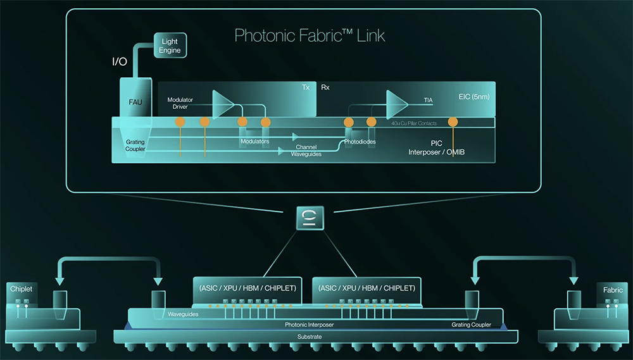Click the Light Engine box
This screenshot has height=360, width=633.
pyautogui.click(x=170, y=46)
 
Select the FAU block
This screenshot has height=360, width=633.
pyautogui.click(x=135, y=101)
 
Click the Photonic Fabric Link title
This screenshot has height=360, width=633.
pyautogui.click(x=310, y=35)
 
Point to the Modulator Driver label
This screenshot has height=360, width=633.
pyautogui.click(x=180, y=103)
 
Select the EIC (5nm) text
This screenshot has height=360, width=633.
pyautogui.click(x=473, y=97)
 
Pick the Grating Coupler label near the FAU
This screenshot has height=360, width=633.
pyautogui.click(x=135, y=146)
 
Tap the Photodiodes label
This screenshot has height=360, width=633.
pyautogui.click(x=360, y=142)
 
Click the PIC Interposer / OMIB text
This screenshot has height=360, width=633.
pyautogui.click(x=436, y=148)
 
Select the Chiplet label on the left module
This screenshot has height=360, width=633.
pyautogui.click(x=21, y=289)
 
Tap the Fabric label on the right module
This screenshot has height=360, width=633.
pyautogui.click(x=613, y=290)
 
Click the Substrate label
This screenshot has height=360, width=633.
pyautogui.click(x=310, y=337)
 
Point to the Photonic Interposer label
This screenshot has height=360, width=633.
pyautogui.click(x=309, y=325)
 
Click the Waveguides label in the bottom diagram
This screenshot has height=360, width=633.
pyautogui.click(x=184, y=314)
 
